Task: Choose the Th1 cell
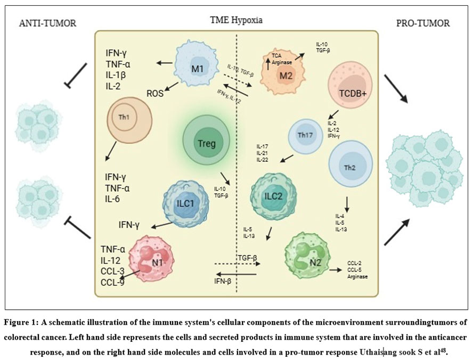[129, 121]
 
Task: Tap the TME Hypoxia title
[236, 20]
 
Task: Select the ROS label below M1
[156, 93]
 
